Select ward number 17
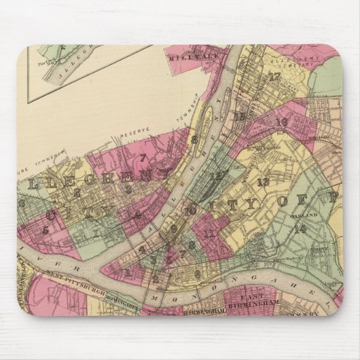(274, 77)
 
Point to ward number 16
(282, 122)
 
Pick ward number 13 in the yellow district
(263, 181)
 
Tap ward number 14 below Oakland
(300, 228)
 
